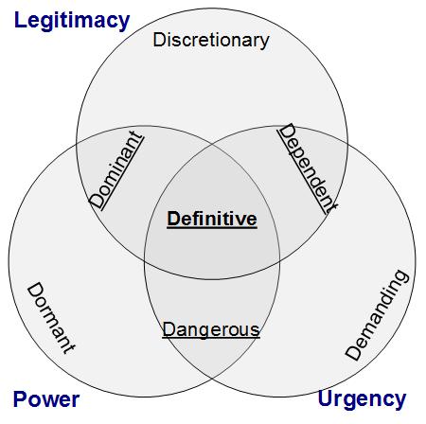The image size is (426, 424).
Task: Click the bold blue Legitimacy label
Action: pos(72,21)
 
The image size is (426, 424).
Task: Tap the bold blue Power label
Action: pos(46,399)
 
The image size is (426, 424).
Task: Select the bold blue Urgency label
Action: pos(362,399)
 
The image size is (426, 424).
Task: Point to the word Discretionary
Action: pos(211,41)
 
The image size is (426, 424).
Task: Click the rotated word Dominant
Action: pos(115,170)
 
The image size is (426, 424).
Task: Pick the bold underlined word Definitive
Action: pos(212,219)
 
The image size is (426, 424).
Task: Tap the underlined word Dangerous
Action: pos(211,329)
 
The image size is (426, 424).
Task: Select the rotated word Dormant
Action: pos(51,318)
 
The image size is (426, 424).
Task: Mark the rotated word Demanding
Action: pos(378,315)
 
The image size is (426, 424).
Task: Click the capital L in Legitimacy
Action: pos(20,20)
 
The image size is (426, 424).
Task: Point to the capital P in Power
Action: pos(20,399)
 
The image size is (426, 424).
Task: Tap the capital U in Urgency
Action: pos(325,398)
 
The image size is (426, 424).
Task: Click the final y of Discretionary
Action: pos(264,43)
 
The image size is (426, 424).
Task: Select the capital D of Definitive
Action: pos(174,219)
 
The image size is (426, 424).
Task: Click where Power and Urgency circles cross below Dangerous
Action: pos(212,379)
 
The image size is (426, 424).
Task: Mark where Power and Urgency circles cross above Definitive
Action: pos(212,144)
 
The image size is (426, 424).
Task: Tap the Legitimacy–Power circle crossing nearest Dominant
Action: pos(77,145)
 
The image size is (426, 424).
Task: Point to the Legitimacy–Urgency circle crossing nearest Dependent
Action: pos(347,145)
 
